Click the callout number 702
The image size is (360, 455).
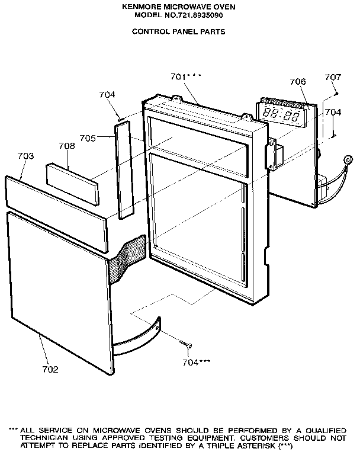50,369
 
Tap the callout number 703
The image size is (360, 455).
26,156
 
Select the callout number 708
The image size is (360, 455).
67,146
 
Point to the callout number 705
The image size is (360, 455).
88,138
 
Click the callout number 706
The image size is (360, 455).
298,82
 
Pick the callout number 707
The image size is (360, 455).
333,77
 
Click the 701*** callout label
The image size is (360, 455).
186,76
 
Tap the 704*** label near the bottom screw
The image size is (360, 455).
197,363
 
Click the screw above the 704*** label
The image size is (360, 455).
186,344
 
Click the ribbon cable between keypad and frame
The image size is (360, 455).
127,259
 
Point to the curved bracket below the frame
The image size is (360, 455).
136,337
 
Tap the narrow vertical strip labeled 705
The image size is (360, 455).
124,170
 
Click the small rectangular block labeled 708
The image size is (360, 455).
72,185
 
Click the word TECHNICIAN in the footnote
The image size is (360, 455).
44,438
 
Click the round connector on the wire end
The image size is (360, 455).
348,159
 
